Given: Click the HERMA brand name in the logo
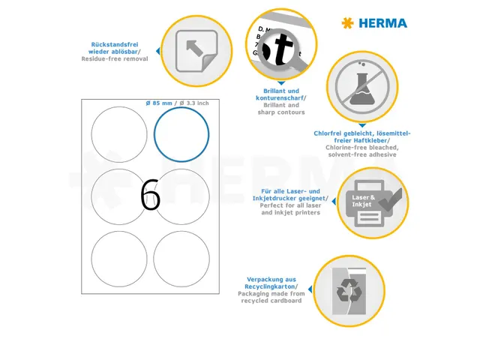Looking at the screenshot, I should click(x=382, y=23).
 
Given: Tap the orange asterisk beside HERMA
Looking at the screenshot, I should click(x=346, y=23).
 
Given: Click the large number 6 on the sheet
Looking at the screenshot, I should click(x=150, y=196).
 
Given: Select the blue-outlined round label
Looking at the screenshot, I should click(x=181, y=134).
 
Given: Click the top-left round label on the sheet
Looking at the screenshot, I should click(x=119, y=134).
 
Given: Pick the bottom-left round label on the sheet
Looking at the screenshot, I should click(x=119, y=259).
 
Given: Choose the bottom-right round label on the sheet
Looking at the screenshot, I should click(x=181, y=259).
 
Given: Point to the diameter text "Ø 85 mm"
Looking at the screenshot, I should click(x=162, y=103).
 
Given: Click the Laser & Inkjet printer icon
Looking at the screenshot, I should click(x=373, y=202).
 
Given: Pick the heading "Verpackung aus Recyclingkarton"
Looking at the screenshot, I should click(x=271, y=282).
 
